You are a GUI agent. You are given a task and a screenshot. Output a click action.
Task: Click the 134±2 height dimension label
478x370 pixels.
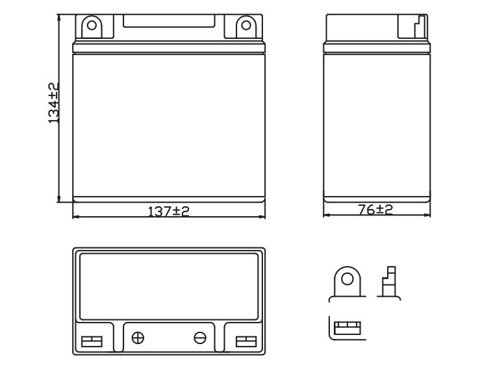[54, 103]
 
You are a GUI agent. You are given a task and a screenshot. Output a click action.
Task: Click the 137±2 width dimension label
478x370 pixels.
[169, 211]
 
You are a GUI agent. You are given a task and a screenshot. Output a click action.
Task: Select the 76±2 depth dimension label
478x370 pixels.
[375, 210]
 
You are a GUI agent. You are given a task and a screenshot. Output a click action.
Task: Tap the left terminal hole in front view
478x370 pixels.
[92, 25]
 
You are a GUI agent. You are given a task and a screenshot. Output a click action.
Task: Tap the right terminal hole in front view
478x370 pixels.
[246, 25]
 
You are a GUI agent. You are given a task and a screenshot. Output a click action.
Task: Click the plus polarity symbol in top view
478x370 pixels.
[138, 338]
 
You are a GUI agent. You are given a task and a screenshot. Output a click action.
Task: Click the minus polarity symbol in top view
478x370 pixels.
[200, 338]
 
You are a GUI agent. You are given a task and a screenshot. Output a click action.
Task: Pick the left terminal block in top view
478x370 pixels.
[92, 341]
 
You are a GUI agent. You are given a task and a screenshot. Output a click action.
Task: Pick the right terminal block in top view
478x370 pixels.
[246, 341]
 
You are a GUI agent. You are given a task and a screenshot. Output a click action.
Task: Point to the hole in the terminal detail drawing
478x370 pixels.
[347, 279]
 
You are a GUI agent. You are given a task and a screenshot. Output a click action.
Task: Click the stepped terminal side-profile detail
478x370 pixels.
[389, 282]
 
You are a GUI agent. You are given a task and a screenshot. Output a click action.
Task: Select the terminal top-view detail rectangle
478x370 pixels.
[347, 328]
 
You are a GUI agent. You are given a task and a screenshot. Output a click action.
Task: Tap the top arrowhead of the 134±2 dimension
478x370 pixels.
[59, 17]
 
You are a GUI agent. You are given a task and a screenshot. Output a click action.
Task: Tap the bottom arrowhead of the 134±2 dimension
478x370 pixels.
[59, 199]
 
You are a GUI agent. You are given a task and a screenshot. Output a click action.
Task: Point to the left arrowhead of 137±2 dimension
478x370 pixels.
[76, 217]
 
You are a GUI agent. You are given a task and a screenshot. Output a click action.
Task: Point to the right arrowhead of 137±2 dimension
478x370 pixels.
[262, 217]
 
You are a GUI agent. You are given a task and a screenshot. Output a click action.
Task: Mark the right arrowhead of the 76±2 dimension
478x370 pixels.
[427, 215]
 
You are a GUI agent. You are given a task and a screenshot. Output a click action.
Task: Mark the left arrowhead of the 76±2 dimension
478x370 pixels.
[327, 215]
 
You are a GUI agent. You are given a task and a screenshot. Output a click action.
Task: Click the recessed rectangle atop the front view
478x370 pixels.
[169, 21]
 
